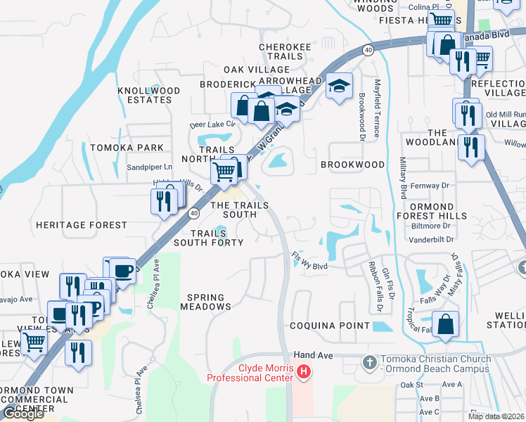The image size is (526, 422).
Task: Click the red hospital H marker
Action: tap(304, 371)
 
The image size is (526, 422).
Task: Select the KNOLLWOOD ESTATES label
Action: tap(149, 96)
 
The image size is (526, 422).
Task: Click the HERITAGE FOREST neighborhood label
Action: tap(82, 225)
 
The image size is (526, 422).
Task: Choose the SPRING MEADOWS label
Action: tap(205, 302)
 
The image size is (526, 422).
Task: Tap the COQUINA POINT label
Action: tap(330, 326)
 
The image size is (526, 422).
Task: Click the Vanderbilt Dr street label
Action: tap(428, 239)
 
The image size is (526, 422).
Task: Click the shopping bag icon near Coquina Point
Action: tap(446, 324)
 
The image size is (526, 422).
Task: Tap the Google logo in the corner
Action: tap(23, 414)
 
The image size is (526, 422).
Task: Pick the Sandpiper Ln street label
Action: tap(148, 167)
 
